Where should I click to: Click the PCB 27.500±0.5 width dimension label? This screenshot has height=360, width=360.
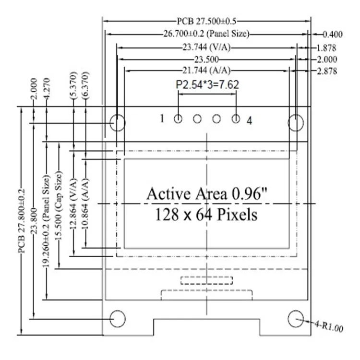(207, 22)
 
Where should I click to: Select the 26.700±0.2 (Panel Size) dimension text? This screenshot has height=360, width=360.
(206, 34)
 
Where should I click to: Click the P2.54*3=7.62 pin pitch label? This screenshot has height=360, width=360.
(207, 84)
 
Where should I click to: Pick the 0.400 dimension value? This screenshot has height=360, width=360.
(332, 34)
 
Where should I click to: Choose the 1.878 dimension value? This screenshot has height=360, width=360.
(326, 48)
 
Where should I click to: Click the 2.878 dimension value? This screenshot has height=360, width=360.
(326, 71)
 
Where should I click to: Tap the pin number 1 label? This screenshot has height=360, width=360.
(162, 118)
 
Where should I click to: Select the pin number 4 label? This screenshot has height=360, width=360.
(249, 120)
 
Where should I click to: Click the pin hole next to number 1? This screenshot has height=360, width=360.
(178, 119)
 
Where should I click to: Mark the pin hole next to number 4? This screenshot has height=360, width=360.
(236, 119)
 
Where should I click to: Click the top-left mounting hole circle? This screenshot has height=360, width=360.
(117, 122)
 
